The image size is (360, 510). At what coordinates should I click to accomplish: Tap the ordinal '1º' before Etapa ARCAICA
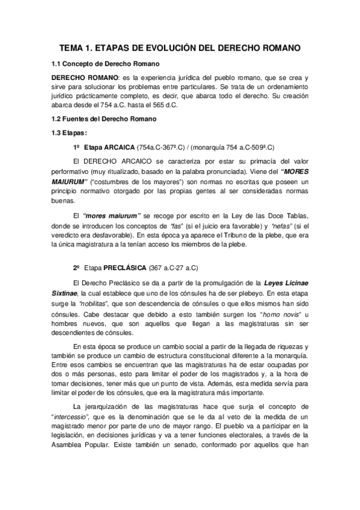76,147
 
